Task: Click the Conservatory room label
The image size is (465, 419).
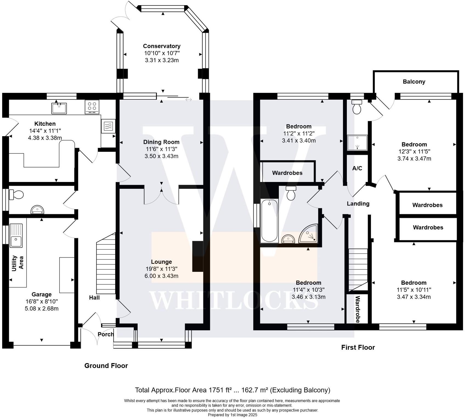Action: tap(162, 46)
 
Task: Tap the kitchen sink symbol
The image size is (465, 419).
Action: tap(59, 108)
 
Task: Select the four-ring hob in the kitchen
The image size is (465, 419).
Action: tap(92, 107)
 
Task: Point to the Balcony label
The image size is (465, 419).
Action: tap(414, 82)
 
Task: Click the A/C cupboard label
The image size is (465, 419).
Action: tap(357, 168)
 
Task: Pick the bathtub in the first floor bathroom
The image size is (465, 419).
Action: tap(269, 221)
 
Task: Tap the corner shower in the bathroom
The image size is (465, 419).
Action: tap(308, 234)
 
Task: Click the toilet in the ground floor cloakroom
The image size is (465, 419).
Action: tap(16, 195)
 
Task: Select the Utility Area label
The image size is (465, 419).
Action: tap(18, 263)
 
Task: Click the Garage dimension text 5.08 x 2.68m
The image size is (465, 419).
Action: tap(42, 309)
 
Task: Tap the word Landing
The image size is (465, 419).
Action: tap(358, 204)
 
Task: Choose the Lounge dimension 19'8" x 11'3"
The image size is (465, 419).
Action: tap(161, 269)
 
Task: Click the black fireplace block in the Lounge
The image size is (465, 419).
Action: tap(198, 256)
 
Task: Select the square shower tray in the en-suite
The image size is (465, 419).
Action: tap(357, 142)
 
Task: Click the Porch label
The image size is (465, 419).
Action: tap(106, 334)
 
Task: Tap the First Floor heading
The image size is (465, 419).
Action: tap(358, 347)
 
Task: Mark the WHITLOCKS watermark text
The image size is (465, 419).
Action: tap(234, 301)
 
